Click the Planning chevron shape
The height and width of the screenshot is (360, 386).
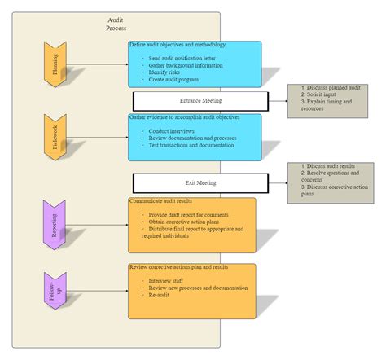[x=55, y=63]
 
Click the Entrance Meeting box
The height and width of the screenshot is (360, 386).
[x=200, y=101]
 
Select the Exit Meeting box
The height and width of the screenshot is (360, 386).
[x=200, y=183]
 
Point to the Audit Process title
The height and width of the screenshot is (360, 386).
[x=116, y=24]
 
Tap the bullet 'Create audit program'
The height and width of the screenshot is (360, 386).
[x=174, y=80]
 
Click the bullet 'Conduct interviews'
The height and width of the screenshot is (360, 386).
[x=170, y=131]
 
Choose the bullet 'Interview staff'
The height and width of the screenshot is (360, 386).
[x=166, y=281]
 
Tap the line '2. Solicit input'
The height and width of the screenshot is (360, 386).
[x=320, y=95]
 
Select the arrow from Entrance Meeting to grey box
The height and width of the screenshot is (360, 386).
[x=277, y=101]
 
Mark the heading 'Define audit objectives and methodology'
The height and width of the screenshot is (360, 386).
[x=178, y=45]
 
